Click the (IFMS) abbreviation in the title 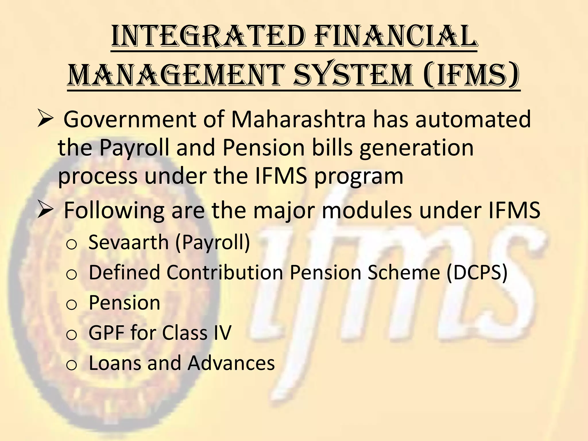[471, 75]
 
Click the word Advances [231, 363]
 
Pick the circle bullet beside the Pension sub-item [71, 305]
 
